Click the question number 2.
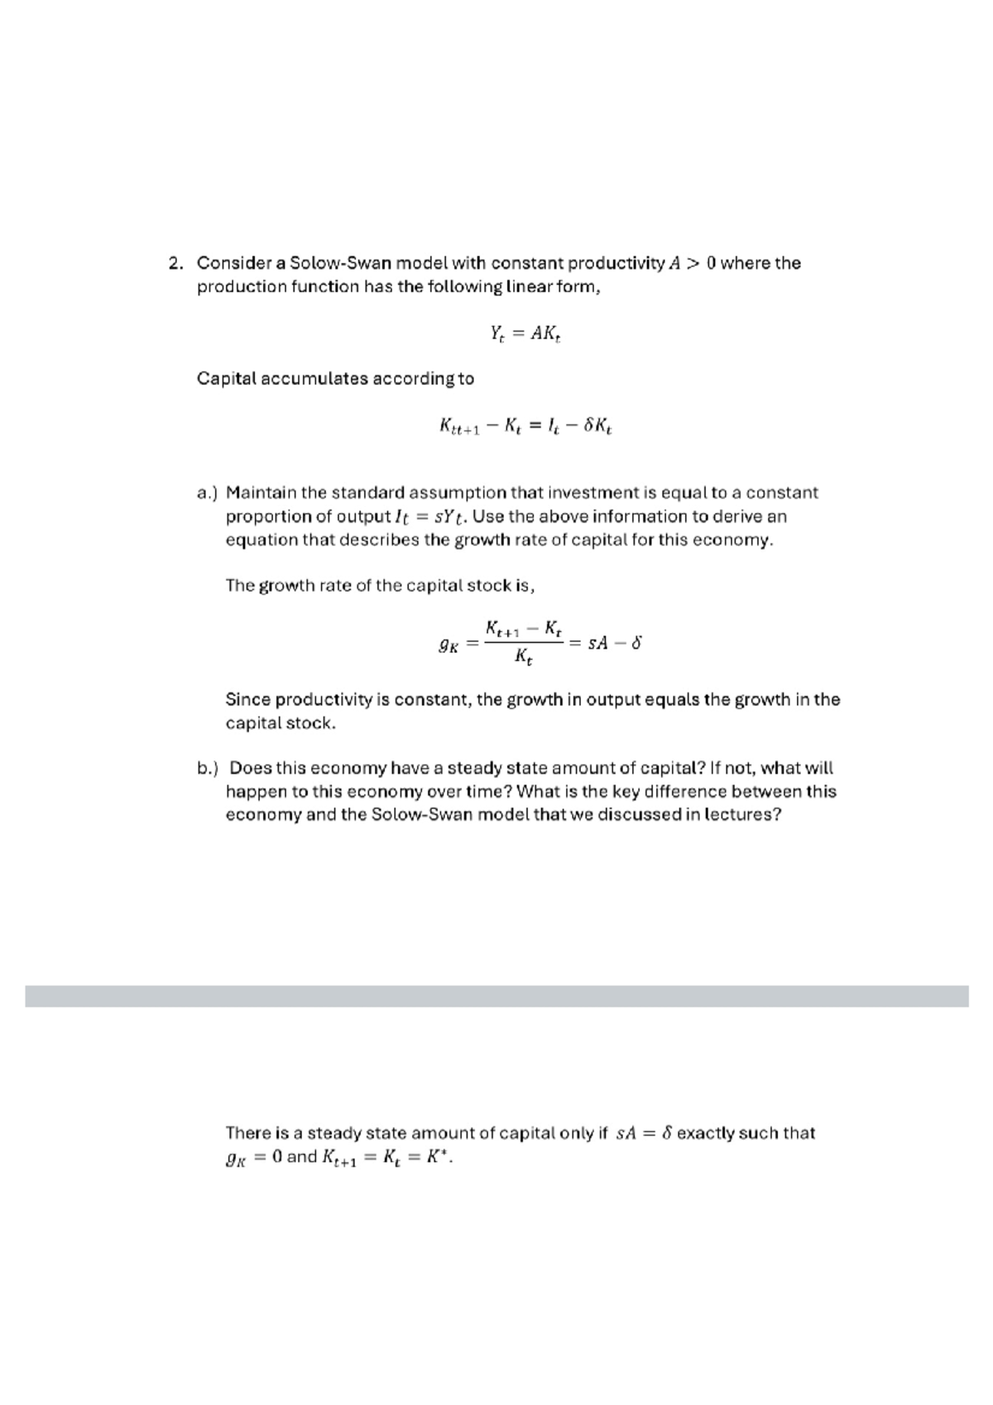click(175, 264)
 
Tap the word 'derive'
click(735, 517)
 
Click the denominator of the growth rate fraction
click(523, 658)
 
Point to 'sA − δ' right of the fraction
click(614, 642)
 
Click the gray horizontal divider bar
click(496, 995)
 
